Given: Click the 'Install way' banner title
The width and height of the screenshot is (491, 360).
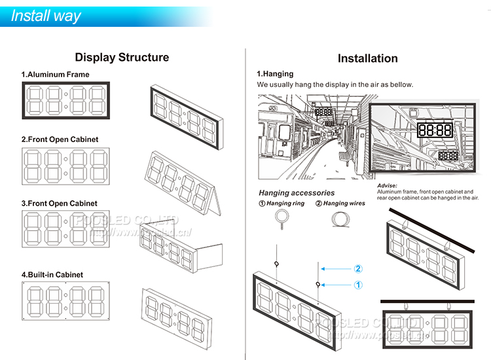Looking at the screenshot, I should tap(46, 16).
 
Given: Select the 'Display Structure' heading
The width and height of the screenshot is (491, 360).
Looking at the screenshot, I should tap(122, 58).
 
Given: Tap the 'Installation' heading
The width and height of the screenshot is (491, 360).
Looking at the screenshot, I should tap(367, 59).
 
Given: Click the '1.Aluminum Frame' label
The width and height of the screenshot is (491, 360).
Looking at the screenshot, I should tap(55, 75).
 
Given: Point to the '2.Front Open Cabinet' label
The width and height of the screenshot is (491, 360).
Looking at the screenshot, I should tap(60, 139).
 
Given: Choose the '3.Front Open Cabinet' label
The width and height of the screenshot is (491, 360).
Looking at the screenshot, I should tap(60, 204).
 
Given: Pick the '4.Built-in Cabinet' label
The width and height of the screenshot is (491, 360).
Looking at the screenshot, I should tap(52, 275).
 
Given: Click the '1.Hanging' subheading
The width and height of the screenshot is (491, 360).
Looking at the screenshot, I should tap(275, 74).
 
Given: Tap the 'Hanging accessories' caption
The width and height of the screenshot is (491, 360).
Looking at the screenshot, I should tap(297, 193).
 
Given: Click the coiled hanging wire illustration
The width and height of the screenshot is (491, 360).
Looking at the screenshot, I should tap(339, 223).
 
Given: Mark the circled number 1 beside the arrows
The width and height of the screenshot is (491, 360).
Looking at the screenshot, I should tap(358, 285).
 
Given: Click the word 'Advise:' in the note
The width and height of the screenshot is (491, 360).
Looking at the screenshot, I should tap(388, 186).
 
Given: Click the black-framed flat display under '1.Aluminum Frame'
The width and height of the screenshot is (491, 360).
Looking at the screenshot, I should tap(66, 100).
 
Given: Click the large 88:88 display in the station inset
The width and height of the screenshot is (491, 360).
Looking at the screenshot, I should tap(435, 130).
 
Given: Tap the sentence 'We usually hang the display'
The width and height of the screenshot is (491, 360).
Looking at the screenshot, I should tap(335, 85).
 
